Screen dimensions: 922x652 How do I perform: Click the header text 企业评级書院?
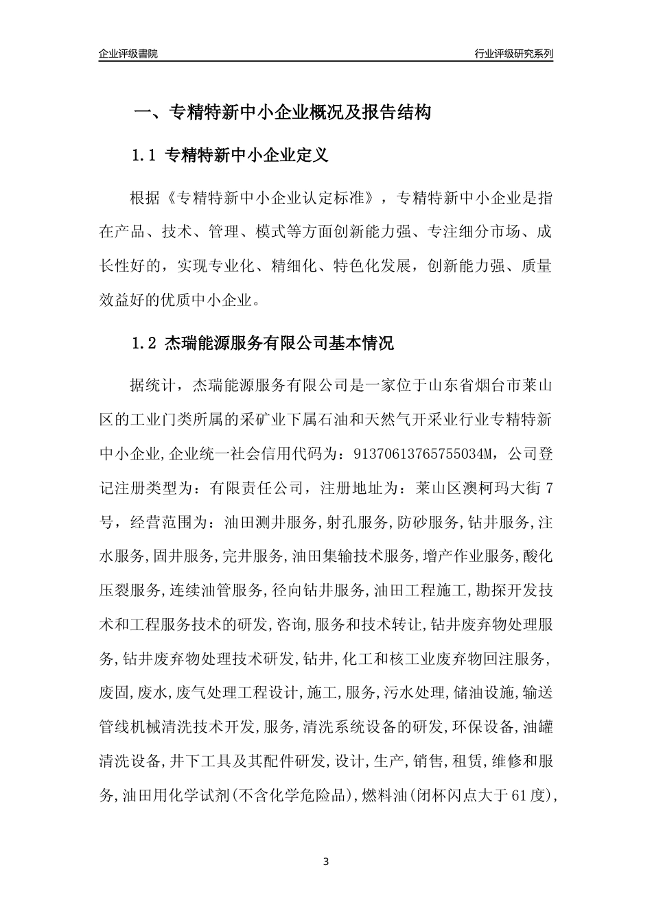coord(128,54)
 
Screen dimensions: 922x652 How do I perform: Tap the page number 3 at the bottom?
coord(326,861)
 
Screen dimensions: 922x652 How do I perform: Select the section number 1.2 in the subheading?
coord(144,344)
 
